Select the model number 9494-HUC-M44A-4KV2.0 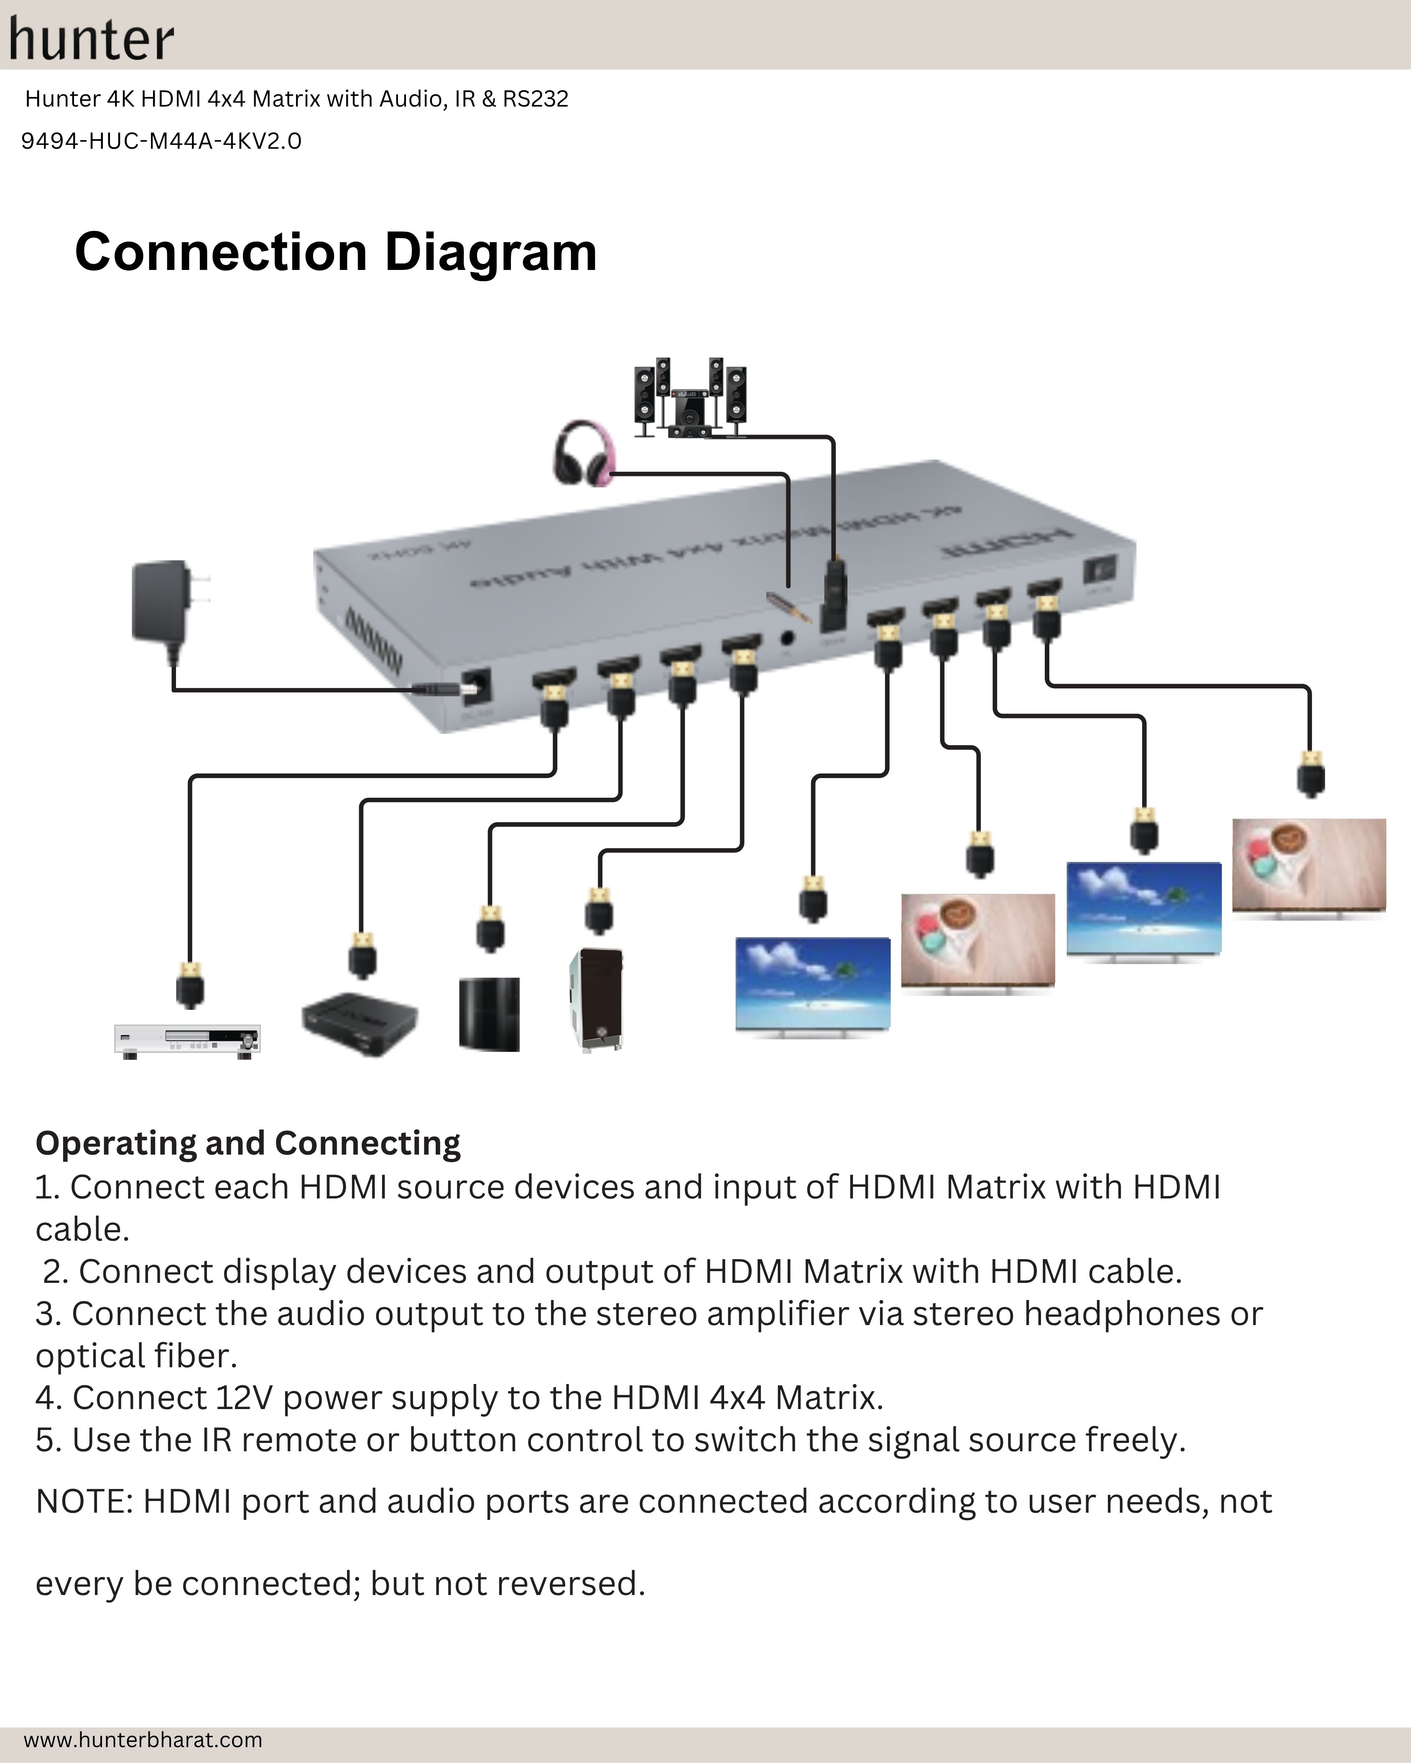click(x=161, y=142)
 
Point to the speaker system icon click(x=689, y=398)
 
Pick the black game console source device click(x=489, y=1014)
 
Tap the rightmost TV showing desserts click(x=1309, y=867)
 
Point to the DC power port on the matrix click(x=476, y=685)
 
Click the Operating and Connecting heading click(x=248, y=1143)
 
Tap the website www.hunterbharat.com click(x=143, y=1739)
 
